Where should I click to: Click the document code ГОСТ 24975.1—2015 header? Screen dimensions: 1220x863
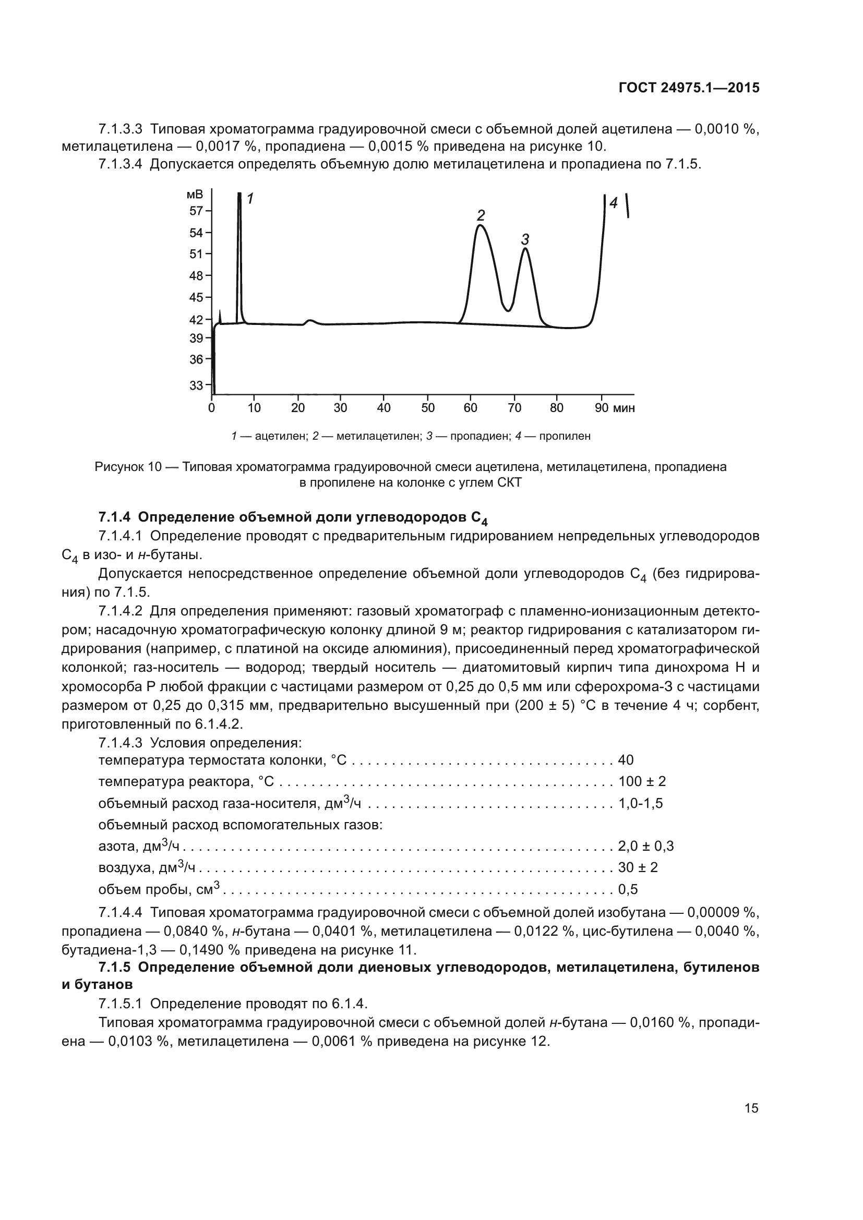pos(689,88)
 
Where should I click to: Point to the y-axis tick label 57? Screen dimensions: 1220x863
pos(196,211)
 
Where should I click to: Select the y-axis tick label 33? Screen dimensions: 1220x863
pos(196,385)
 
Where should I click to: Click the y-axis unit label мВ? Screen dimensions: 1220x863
pos(195,195)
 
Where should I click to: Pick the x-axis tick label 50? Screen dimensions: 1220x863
pos(428,408)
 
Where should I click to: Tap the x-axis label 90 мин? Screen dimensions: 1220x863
pos(614,408)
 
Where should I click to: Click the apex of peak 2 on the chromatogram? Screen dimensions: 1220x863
pos(480,225)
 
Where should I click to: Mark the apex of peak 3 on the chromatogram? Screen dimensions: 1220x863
pos(525,248)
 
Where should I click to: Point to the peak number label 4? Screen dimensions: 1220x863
pos(613,202)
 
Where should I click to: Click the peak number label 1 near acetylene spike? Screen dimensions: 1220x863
pos(250,199)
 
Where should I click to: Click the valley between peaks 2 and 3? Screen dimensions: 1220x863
pos(508,311)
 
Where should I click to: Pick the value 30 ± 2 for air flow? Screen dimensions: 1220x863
pos(638,867)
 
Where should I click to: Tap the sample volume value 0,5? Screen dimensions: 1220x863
pos(628,889)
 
